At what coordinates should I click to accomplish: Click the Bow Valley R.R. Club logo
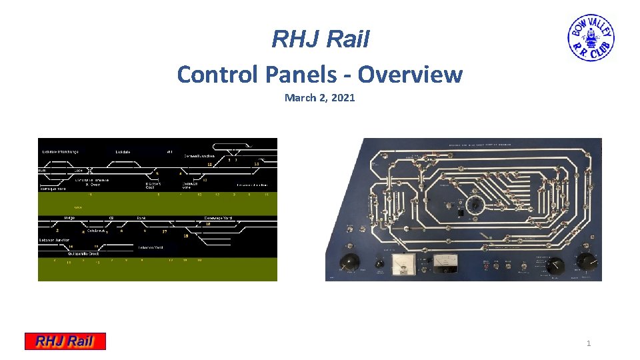click(x=591, y=39)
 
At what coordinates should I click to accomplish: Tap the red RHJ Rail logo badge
click(x=65, y=341)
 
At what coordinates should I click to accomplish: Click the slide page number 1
click(x=588, y=343)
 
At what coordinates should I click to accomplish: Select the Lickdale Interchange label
click(x=60, y=152)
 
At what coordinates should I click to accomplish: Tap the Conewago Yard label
click(x=218, y=218)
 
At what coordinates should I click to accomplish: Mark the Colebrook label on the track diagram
click(x=95, y=231)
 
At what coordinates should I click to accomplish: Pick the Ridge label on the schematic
click(x=69, y=218)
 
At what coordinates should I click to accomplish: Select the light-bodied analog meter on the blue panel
click(x=403, y=264)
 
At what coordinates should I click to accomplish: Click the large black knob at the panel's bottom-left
click(x=348, y=263)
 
